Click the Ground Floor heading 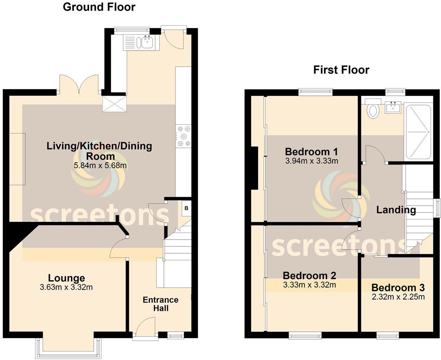pyautogui.click(x=99, y=7)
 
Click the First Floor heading pyautogui.click(x=341, y=70)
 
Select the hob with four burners pyautogui.click(x=183, y=136)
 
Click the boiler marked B pyautogui.click(x=186, y=208)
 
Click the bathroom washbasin pyautogui.click(x=393, y=107)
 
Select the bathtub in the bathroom pyautogui.click(x=418, y=132)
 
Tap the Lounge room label pyautogui.click(x=66, y=278)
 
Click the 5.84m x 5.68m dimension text pyautogui.click(x=100, y=165)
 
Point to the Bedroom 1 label pyautogui.click(x=311, y=152)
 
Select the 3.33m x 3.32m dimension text pyautogui.click(x=309, y=285)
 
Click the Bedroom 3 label pyautogui.click(x=398, y=288)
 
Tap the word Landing pyautogui.click(x=396, y=210)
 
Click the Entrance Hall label pyautogui.click(x=160, y=304)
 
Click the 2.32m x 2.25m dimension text pyautogui.click(x=398, y=297)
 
